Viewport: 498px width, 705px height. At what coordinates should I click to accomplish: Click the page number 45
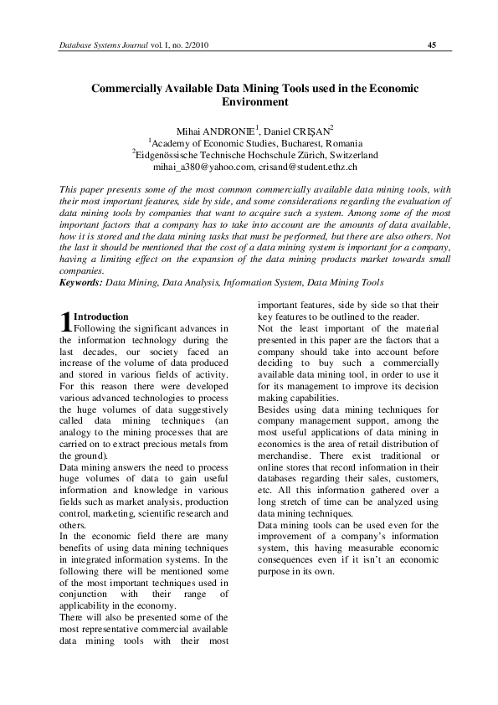432,44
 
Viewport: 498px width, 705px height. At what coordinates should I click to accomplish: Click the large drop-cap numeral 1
66,322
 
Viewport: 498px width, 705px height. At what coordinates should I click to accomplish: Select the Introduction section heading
101,317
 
